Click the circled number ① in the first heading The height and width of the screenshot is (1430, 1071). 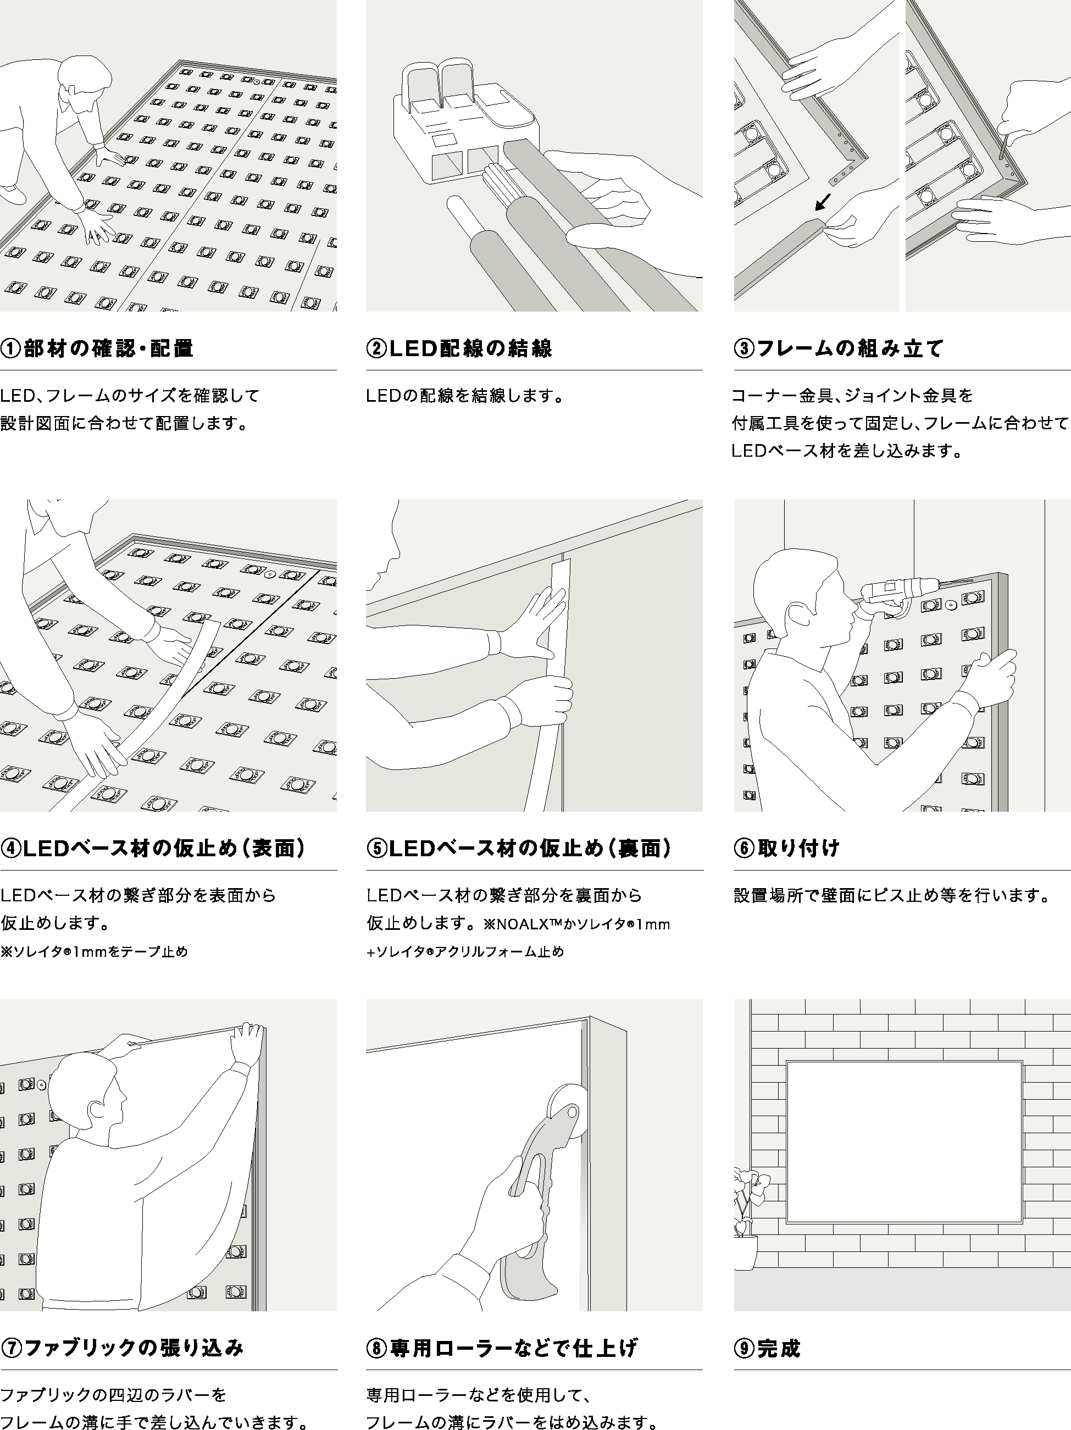(11, 349)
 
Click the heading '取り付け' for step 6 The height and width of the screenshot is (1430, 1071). (798, 848)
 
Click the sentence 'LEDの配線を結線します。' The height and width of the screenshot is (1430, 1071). (465, 396)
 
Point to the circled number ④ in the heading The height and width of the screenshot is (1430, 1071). (11, 848)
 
